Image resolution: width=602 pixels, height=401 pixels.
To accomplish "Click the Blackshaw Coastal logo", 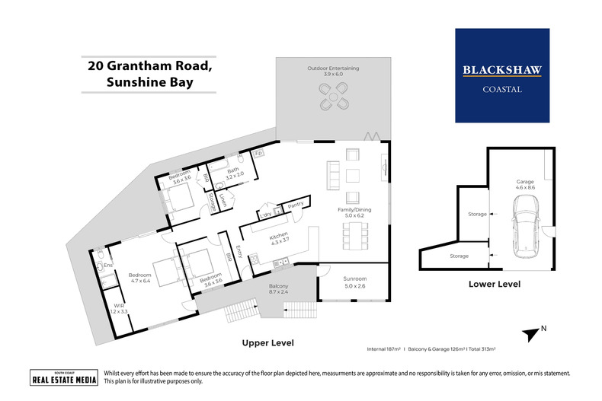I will click(x=501, y=75).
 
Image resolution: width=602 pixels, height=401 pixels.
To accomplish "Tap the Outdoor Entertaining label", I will click(x=333, y=72).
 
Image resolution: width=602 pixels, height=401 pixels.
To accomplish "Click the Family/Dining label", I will click(x=354, y=213).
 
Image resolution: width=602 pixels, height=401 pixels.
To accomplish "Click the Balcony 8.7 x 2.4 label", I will click(x=278, y=290).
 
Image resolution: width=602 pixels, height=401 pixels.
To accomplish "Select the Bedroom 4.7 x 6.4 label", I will click(x=140, y=278).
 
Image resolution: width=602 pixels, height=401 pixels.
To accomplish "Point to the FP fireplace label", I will click(x=259, y=153).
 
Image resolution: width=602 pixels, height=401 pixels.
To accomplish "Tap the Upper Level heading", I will click(x=267, y=342).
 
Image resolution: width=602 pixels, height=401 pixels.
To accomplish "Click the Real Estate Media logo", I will click(x=63, y=378).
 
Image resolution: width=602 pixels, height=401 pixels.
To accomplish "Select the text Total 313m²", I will click(x=478, y=348).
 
